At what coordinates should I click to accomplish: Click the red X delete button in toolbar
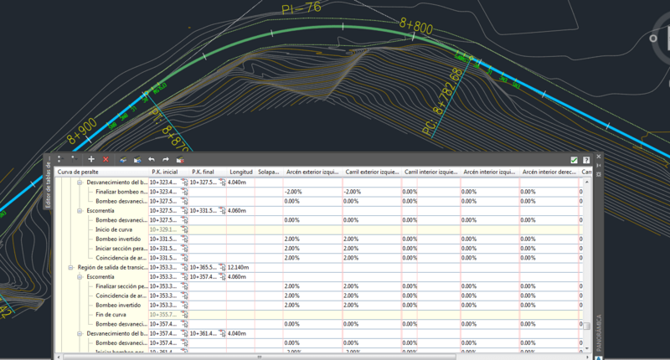click(106, 159)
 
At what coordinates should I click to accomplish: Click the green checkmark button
click(574, 159)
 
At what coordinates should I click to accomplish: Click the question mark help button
click(586, 159)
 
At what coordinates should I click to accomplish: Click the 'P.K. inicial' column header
click(165, 172)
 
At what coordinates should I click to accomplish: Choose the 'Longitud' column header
click(241, 172)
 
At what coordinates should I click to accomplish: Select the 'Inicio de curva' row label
click(114, 229)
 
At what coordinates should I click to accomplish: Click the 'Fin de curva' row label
click(111, 314)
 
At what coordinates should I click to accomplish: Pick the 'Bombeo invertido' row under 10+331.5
click(119, 239)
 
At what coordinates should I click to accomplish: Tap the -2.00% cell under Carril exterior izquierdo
click(352, 192)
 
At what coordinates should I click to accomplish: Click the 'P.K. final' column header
click(204, 172)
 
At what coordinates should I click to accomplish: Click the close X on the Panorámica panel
click(599, 157)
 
